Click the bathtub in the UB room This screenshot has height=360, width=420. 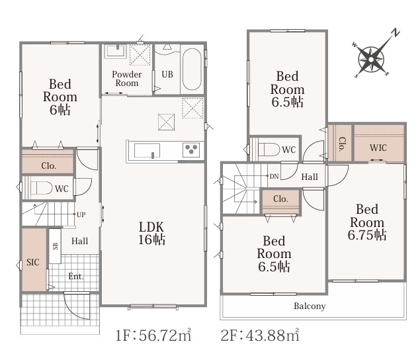click(x=192, y=69)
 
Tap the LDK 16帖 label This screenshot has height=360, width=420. click(x=151, y=234)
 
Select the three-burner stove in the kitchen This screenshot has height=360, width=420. click(x=191, y=150)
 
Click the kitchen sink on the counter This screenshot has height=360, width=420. click(x=147, y=151)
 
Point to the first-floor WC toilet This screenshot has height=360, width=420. click(x=41, y=188)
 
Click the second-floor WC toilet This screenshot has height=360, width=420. click(x=269, y=150)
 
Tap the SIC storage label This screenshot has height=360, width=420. click(x=33, y=262)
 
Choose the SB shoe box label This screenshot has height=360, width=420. click(x=56, y=246)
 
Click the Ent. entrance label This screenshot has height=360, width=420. click(x=76, y=276)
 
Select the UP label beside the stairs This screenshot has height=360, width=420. click(x=81, y=214)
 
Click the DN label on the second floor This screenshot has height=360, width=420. click(x=274, y=176)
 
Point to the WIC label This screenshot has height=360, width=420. click(x=378, y=148)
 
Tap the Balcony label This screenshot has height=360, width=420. click(x=310, y=306)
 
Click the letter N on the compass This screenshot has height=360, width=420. click(x=396, y=32)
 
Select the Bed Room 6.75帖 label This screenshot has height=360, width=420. click(x=367, y=222)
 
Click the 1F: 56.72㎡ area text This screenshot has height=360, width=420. click(x=153, y=335)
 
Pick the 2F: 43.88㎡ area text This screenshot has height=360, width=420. click(x=260, y=335)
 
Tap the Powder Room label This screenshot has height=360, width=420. click(x=127, y=79)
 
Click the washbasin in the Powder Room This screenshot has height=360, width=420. click(x=115, y=52)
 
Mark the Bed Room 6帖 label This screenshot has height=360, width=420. click(x=60, y=97)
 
